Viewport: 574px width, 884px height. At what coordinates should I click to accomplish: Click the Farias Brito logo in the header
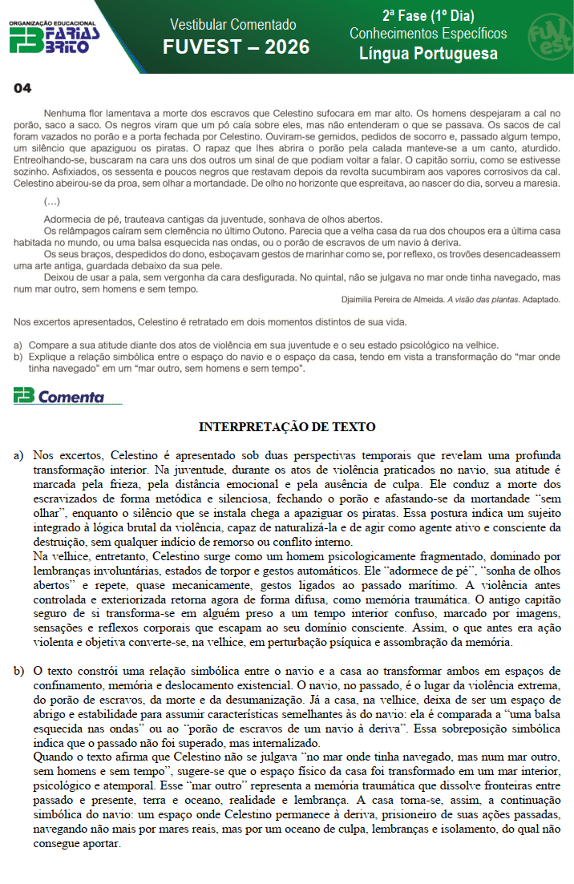point(54,37)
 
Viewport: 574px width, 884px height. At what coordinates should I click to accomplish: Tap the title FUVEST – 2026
point(236,47)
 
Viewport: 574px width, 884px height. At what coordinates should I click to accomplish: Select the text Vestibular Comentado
point(233,25)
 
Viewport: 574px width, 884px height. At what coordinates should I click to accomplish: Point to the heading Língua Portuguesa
point(428,54)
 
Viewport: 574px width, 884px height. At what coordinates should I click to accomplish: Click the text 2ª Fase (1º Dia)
point(428,15)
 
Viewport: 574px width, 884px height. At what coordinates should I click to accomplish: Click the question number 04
point(22,88)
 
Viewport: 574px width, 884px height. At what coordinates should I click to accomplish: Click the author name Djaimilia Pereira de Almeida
point(392,299)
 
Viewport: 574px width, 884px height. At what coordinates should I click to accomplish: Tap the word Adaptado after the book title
point(544,299)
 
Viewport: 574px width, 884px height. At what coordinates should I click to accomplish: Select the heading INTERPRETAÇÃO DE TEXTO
point(287,427)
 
